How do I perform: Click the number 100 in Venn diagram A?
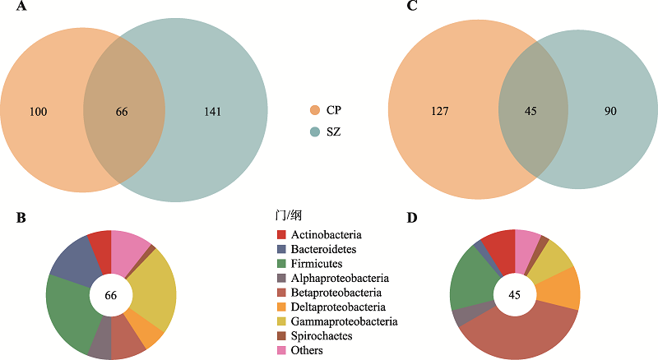[38, 112]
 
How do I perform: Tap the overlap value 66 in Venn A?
[122, 112]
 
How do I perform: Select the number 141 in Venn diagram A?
[213, 112]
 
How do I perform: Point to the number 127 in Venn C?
[440, 111]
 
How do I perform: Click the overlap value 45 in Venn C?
[531, 111]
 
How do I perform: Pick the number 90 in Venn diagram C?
[610, 111]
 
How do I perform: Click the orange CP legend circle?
[315, 110]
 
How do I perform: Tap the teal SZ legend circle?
[315, 132]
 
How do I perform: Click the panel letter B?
[21, 218]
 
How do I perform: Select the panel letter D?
[412, 218]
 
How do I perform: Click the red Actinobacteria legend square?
[281, 234]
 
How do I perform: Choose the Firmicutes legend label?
[317, 264]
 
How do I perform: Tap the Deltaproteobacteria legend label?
[338, 307]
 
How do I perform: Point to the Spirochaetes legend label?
[322, 335]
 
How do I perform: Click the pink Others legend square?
[281, 350]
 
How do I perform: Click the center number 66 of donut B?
[111, 295]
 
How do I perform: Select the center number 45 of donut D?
[515, 295]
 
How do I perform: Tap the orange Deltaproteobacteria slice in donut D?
[559, 289]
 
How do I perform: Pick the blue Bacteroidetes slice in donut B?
[73, 261]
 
